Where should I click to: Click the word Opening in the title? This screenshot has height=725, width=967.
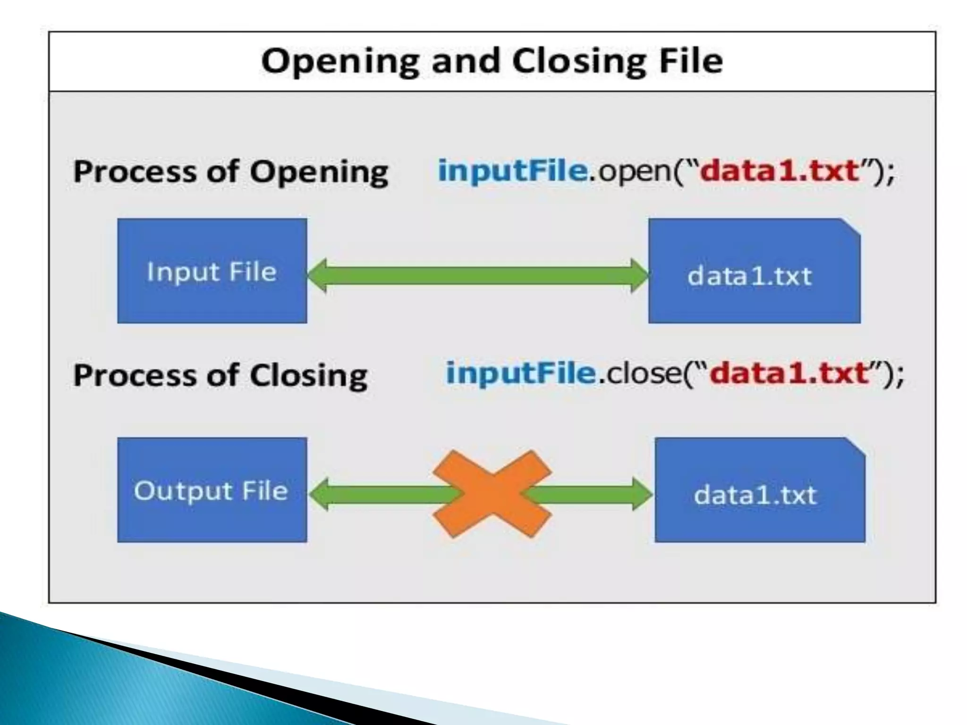point(340,61)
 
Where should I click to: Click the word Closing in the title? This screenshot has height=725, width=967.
point(578,61)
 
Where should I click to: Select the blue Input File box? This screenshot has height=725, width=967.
point(212,271)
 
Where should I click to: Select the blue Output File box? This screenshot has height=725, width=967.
point(212,490)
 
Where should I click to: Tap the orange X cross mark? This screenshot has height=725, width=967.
point(492,494)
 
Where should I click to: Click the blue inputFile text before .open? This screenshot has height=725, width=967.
point(513,170)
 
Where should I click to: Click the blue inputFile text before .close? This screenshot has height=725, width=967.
point(521,373)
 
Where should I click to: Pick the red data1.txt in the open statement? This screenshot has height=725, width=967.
point(779,170)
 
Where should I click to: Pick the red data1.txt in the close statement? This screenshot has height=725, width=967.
point(789,373)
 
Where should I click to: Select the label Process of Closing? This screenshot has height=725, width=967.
point(221,376)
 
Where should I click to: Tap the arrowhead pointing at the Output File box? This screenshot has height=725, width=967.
point(319,494)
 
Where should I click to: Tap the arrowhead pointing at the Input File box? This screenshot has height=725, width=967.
point(317,275)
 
